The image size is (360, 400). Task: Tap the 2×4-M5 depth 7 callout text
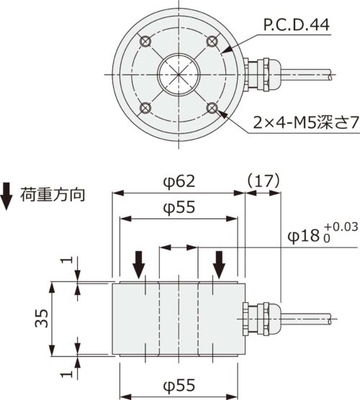297,124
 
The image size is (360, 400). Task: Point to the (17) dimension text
262,181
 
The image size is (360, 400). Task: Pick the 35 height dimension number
42,319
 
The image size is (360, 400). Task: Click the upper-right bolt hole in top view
213,40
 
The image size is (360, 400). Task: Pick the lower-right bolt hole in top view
213,108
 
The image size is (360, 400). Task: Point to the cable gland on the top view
258,73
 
